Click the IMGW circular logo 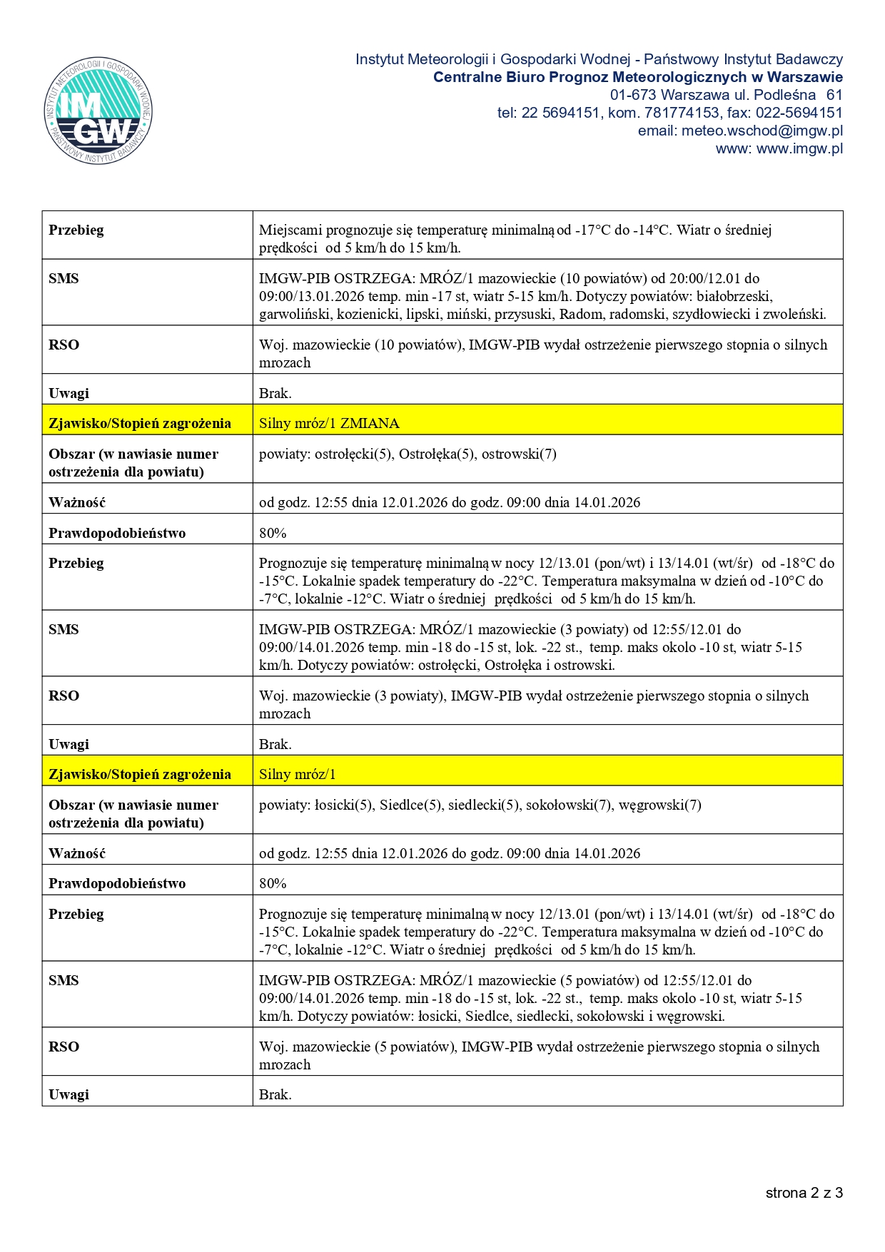[98, 111]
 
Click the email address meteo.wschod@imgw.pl [762, 131]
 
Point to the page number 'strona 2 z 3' [804, 1193]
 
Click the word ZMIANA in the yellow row [370, 423]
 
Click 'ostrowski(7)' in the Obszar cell [519, 454]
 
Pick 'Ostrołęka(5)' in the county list [436, 454]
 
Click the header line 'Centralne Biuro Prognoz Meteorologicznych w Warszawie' [637, 77]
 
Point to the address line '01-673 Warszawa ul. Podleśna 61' [726, 95]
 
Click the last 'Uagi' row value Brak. [275, 1094]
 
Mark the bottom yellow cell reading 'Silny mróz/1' [297, 774]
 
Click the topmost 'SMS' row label [64, 278]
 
